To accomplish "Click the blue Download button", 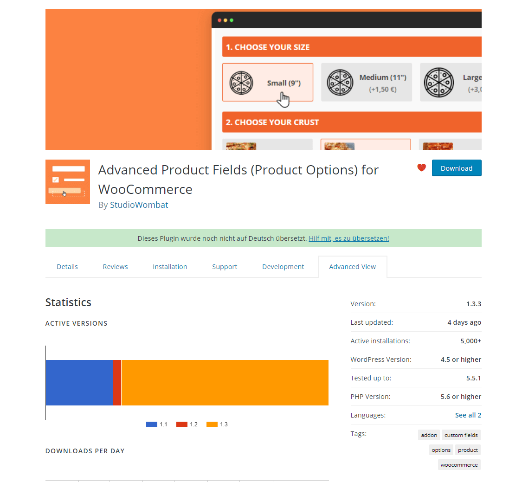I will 456,168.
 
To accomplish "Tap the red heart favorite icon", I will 421,168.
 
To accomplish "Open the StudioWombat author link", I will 139,205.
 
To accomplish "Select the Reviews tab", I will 115,267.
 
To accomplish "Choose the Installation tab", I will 170,267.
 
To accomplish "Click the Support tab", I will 225,267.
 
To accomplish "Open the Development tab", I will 283,267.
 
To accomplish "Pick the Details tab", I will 67,267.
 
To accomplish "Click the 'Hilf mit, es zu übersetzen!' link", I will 348,238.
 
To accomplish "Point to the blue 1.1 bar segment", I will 79,383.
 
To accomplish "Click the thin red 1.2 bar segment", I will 117,383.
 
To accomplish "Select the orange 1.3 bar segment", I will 225,383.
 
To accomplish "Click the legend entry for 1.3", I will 218,424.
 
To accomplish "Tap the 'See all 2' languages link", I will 468,415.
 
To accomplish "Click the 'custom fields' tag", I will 461,435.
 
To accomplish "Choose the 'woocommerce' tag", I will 459,465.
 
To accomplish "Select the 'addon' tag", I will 429,435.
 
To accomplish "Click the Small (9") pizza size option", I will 268,83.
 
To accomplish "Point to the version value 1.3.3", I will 473,304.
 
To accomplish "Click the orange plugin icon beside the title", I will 68,182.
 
